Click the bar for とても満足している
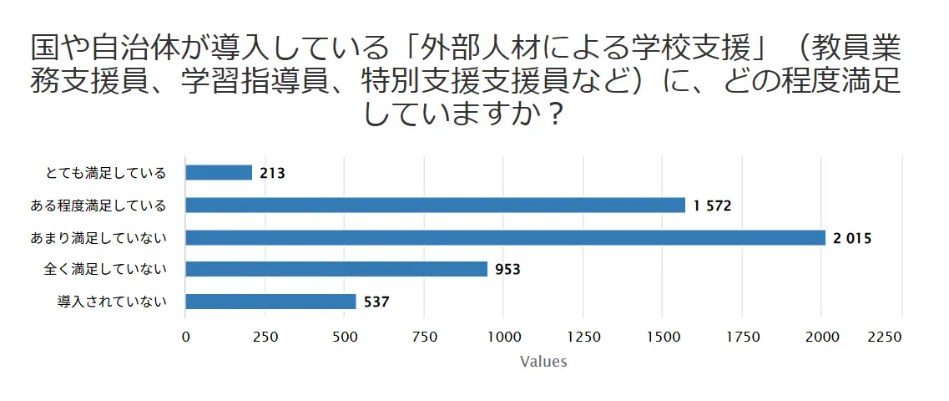pos(219,173)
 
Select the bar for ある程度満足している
pos(435,206)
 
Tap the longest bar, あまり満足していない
pos(505,237)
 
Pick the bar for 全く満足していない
pos(336,269)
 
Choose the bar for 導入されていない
pos(270,302)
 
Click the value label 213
pos(273,174)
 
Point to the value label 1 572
pos(712,206)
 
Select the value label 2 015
pos(852,238)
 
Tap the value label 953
pos(507,270)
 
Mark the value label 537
pos(377,302)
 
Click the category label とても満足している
pos(106,173)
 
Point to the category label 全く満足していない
pos(106,269)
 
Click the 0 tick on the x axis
pos(185,337)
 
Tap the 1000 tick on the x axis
pos(503,337)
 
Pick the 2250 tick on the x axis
pos(886,337)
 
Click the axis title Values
pos(543,362)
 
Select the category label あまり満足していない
pos(99,237)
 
